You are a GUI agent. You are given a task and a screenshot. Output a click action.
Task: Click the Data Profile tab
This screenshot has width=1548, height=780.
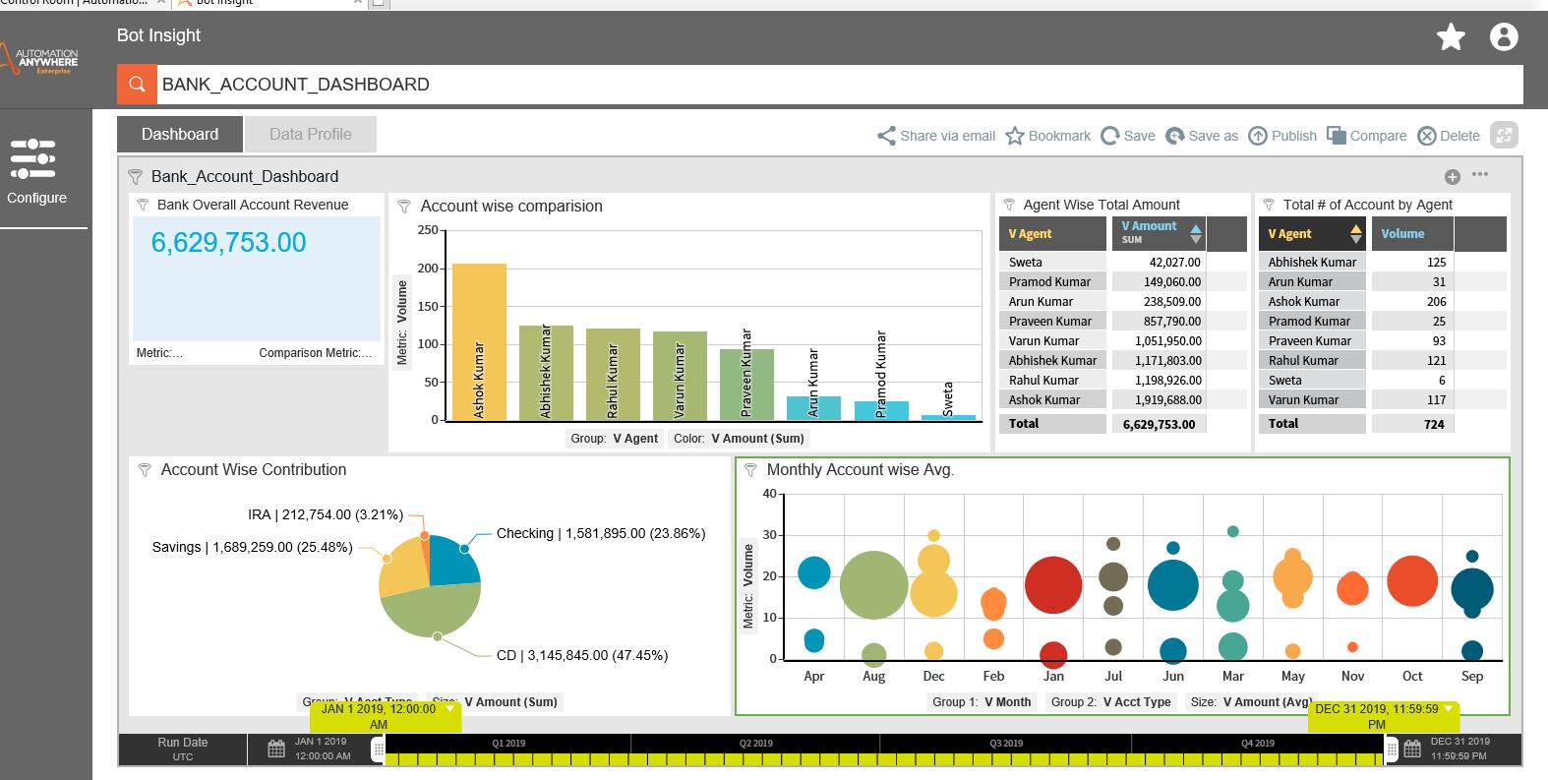[x=310, y=135]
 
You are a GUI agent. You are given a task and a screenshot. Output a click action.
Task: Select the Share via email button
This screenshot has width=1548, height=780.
[x=936, y=136]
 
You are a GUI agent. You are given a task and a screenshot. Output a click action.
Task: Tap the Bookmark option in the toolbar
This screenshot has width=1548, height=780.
[x=1048, y=136]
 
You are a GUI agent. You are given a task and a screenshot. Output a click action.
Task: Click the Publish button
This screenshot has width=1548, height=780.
[x=1282, y=136]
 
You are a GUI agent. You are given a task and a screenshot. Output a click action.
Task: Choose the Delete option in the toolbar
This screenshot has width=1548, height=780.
[x=1449, y=136]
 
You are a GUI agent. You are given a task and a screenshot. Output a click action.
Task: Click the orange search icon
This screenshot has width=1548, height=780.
[x=138, y=85]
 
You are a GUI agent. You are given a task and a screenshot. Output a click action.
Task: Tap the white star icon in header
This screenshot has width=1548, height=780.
[x=1451, y=37]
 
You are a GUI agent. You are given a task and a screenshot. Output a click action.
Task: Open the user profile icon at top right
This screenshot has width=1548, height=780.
[x=1504, y=37]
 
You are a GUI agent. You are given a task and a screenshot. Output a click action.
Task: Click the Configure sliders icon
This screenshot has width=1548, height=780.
[x=33, y=158]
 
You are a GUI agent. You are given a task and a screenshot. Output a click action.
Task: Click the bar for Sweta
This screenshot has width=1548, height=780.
[x=948, y=416]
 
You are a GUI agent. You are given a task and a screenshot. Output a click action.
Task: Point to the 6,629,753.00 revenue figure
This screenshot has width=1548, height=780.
[x=228, y=243]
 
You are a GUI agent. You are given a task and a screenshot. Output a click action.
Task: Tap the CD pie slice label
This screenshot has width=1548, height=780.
[x=582, y=655]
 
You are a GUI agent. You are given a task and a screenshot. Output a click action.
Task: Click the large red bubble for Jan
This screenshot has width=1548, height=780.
[x=1053, y=584]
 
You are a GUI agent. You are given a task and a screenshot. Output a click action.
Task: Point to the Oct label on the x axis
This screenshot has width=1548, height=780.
[x=1412, y=676]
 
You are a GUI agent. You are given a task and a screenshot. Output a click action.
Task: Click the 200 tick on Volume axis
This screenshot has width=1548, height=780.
[x=428, y=268]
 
